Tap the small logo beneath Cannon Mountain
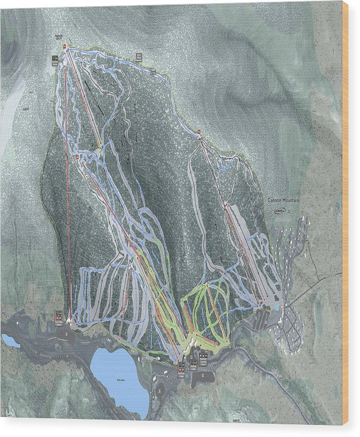point(279,210)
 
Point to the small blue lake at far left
point(10,340)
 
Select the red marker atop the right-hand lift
point(199,131)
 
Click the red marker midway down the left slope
point(78,157)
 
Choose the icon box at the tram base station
point(59,316)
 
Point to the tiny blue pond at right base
point(276,307)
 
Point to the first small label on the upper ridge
point(138,57)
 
